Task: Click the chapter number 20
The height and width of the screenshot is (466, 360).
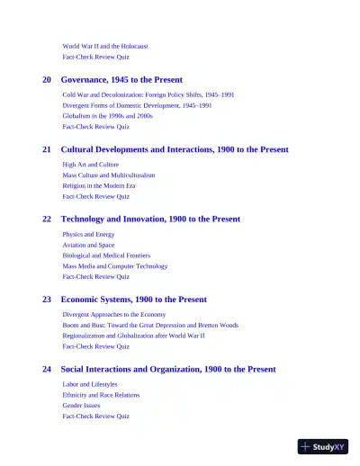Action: (x=47, y=80)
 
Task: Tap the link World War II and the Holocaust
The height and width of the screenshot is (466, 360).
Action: (x=105, y=46)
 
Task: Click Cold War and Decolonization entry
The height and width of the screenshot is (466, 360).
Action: (x=148, y=94)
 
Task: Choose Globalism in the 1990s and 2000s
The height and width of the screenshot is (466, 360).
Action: (x=108, y=116)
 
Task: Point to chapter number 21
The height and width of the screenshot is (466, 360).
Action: (x=47, y=149)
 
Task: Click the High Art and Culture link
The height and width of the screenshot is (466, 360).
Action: (x=90, y=165)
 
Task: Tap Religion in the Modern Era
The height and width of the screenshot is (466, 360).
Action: (x=99, y=185)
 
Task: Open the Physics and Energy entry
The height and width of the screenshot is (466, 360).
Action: (x=88, y=234)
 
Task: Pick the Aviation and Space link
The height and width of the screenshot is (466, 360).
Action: (x=88, y=245)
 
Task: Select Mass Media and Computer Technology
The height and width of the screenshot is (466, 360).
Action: (x=115, y=266)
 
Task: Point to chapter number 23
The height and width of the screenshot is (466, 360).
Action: (x=47, y=299)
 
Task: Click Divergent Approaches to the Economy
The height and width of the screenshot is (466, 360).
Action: (x=113, y=314)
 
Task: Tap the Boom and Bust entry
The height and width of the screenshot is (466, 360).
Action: (x=150, y=325)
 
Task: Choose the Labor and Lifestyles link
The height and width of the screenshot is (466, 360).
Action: (x=90, y=384)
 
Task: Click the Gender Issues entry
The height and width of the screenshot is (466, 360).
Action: (x=81, y=406)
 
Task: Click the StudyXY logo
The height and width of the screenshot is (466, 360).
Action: (x=322, y=446)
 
